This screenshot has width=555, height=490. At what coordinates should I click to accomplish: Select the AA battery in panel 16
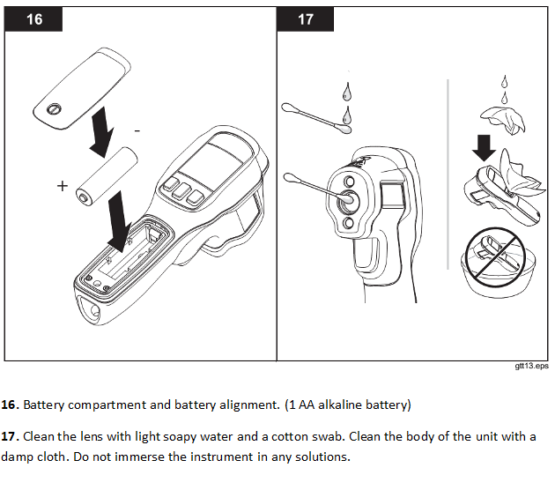108,177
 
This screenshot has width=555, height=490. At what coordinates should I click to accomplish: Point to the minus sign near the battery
137,130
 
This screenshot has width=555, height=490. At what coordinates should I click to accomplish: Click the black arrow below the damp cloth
484,148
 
